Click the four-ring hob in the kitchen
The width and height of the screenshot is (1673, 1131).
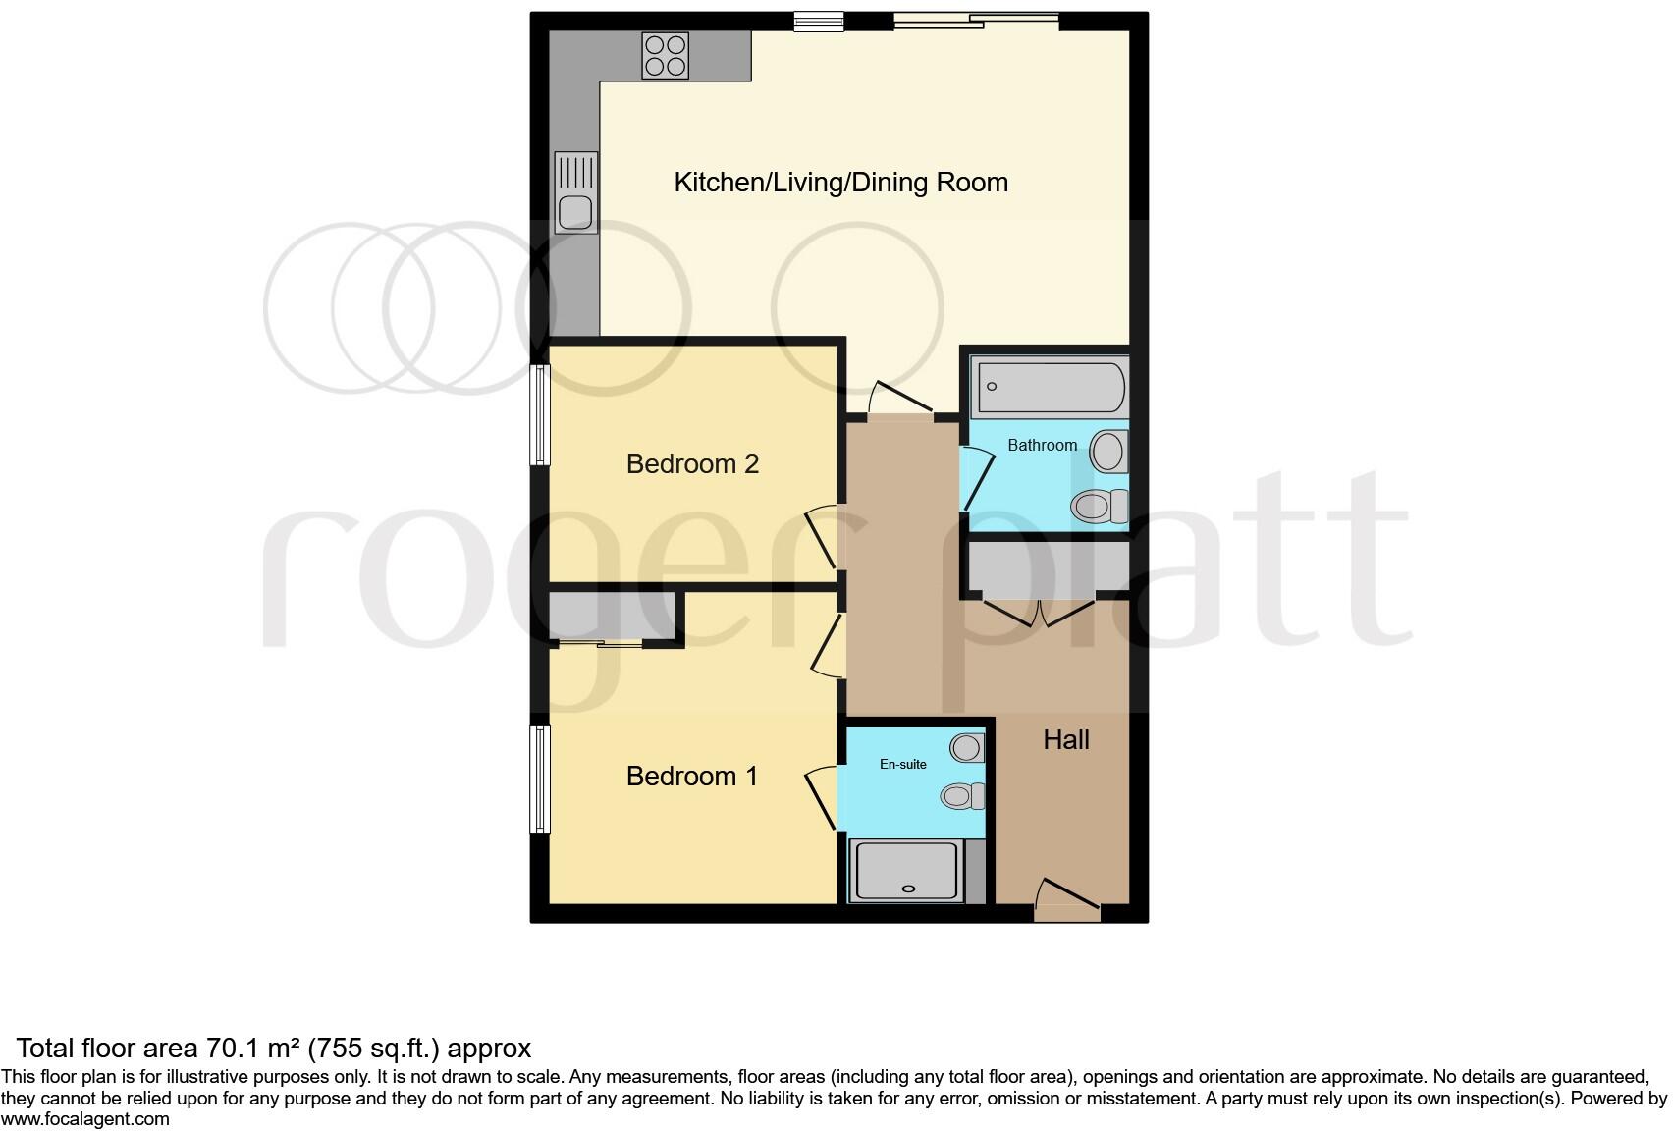[665, 55]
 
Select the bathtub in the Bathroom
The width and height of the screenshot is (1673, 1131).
[1049, 387]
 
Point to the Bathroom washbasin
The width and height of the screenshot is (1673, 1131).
[1108, 453]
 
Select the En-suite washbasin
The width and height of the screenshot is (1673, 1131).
[967, 748]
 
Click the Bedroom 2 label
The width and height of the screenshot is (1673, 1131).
[692, 463]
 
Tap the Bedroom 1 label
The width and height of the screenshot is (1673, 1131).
[691, 776]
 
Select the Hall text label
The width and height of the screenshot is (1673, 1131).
[1065, 739]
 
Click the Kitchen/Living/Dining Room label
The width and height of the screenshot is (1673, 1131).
[840, 182]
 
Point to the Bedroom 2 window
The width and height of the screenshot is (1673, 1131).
[540, 414]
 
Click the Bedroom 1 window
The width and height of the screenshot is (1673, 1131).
[540, 778]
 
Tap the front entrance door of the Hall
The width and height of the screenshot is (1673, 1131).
[1066, 904]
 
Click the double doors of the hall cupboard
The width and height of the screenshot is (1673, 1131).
[1040, 611]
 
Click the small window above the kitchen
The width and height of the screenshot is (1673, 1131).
[818, 21]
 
